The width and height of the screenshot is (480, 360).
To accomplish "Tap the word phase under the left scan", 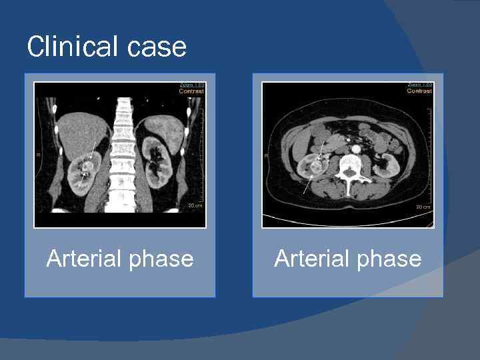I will click(x=161, y=259).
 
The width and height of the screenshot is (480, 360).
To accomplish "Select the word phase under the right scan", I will click(x=389, y=259).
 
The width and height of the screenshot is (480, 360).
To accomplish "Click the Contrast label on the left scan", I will click(x=192, y=91).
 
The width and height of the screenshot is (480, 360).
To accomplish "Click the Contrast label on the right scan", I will click(x=420, y=91).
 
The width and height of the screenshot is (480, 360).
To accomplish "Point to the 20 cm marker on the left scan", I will click(x=195, y=205).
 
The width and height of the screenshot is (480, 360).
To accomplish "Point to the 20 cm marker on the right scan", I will click(x=423, y=207).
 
